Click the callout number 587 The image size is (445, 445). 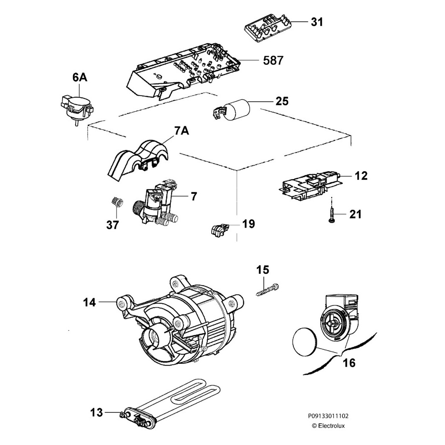273,60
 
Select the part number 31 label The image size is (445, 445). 317,22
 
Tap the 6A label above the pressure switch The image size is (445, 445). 80,78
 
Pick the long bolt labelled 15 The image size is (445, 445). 268,289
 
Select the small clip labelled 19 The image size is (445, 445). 219,229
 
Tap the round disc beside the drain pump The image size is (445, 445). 304,341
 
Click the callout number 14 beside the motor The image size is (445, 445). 90,302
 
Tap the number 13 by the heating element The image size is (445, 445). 97,412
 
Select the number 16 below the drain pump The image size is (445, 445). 349,362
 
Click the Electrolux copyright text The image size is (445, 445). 329,426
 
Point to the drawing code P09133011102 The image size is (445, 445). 329,416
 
